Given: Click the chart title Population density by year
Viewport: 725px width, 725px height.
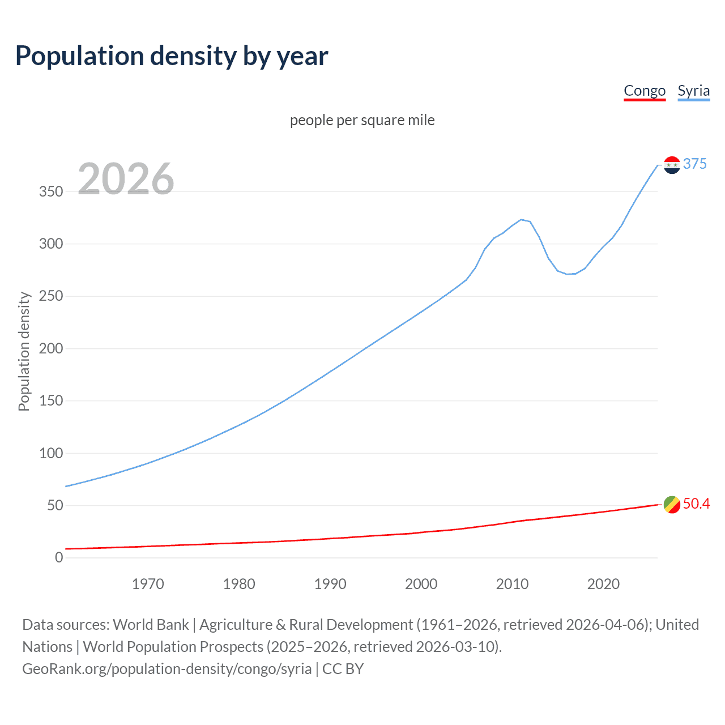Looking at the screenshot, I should [x=172, y=56].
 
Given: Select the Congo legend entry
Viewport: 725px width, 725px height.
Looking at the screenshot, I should [x=644, y=91].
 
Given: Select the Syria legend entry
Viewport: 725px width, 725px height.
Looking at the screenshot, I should [x=693, y=91].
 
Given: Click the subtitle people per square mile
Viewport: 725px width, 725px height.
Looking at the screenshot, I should [x=362, y=120].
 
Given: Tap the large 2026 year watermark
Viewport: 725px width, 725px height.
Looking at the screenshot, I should [x=126, y=179].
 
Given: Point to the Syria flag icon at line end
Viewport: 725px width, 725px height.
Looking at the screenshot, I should [x=672, y=165].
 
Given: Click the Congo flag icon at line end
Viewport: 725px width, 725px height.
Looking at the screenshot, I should [x=672, y=504].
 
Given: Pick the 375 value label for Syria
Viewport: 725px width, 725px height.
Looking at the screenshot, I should [x=695, y=164].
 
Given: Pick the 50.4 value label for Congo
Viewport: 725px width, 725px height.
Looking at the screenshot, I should [x=696, y=504].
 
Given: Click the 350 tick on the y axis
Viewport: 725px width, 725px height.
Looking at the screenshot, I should [x=50, y=191].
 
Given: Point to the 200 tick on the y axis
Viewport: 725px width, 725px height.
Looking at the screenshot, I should [x=50, y=348].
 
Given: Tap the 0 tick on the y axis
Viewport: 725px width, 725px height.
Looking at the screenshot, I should [x=59, y=557].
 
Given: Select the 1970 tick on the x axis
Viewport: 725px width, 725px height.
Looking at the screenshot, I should [x=148, y=584].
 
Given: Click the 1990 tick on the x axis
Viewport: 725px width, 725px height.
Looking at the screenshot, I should [x=330, y=584].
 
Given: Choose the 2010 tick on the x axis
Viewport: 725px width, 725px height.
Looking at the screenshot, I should [x=512, y=584].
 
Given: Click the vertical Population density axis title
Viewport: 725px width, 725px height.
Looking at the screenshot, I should [x=24, y=351].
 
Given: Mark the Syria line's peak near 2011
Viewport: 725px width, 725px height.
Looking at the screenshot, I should [x=521, y=219].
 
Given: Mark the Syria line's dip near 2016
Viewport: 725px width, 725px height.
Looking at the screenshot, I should [x=568, y=274].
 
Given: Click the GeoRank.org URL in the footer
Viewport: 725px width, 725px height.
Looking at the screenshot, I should [x=167, y=669].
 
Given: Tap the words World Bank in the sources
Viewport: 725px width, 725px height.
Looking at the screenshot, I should [x=151, y=625].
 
